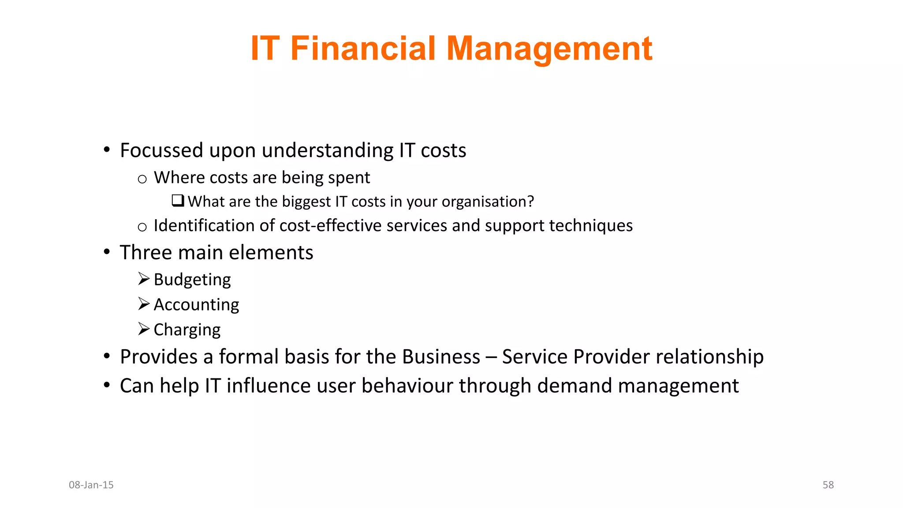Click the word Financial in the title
pos(362,48)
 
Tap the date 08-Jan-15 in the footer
pos(91,485)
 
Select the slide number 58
pos(828,485)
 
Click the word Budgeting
pos(192,280)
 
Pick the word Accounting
pos(196,305)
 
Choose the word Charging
pos(187,330)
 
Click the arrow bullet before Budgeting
pos(144,279)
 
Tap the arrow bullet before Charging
pos(144,329)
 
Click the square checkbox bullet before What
pos(178,201)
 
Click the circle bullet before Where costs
pos(142,179)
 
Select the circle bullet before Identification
pos(142,227)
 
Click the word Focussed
pos(161,150)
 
